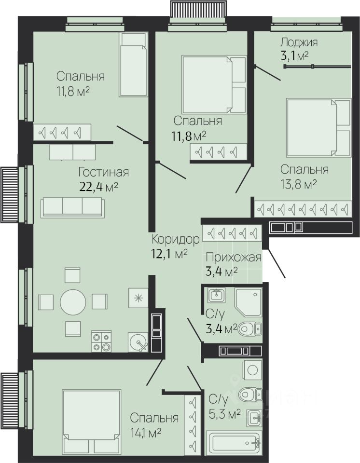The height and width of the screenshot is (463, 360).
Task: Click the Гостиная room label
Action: tap(103, 172)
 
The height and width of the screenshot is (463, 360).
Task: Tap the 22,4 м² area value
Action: tap(99, 187)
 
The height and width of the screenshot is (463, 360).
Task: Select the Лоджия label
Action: tap(299, 42)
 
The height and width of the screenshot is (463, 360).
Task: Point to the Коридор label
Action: tap(176, 239)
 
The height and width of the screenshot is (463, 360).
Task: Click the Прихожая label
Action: tap(234, 257)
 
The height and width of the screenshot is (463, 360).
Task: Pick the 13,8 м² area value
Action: tap(299, 184)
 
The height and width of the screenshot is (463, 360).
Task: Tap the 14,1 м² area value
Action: tap(145, 433)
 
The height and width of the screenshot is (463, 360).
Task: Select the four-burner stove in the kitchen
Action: tap(101, 341)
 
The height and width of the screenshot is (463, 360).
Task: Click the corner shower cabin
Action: tap(248, 302)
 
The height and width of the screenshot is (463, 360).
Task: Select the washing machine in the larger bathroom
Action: tap(252, 369)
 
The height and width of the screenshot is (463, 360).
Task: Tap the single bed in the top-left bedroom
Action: tap(133, 65)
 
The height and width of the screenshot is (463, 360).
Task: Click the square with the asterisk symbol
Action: tap(138, 298)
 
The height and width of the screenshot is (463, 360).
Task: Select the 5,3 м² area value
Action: tap(224, 414)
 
